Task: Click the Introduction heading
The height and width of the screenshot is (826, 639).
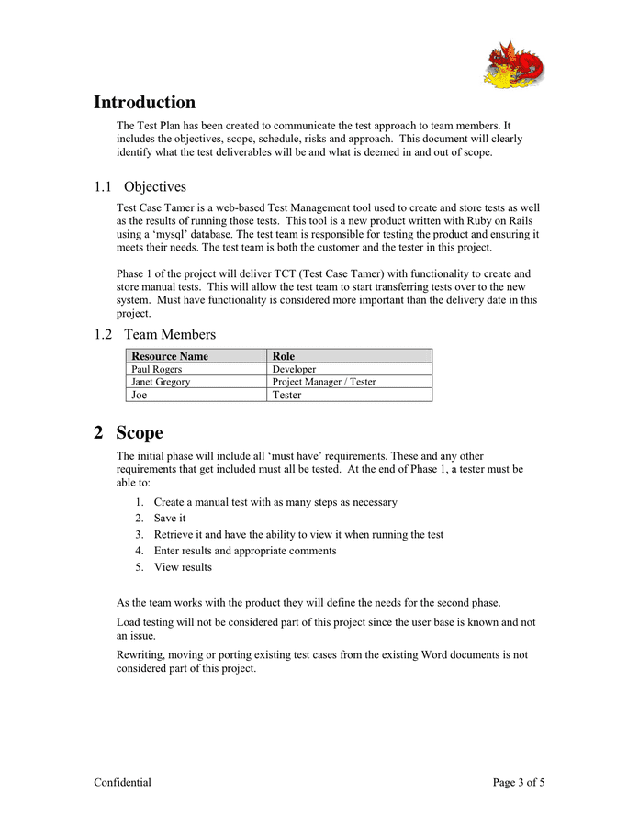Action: [x=144, y=103]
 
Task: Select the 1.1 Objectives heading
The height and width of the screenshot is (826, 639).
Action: [x=140, y=186]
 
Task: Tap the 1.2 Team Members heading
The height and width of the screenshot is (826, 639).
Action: [x=154, y=334]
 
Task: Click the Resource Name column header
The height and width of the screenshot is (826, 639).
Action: [x=170, y=356]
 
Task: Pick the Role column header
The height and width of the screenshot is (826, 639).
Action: [x=284, y=356]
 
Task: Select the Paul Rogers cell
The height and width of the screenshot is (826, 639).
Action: [x=157, y=369]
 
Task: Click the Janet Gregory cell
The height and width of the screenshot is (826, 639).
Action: [x=161, y=382]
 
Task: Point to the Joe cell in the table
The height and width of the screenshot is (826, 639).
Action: [x=140, y=395]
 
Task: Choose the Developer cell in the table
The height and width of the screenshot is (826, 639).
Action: [x=294, y=369]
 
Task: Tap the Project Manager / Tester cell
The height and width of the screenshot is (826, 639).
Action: [x=324, y=382]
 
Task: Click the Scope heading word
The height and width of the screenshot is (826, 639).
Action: [x=139, y=433]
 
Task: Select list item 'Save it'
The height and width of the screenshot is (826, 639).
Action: [x=170, y=519]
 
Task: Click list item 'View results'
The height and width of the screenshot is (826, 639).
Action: [x=183, y=567]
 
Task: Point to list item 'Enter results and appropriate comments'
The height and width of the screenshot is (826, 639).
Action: [x=245, y=551]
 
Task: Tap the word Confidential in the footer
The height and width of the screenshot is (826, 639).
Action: [x=122, y=783]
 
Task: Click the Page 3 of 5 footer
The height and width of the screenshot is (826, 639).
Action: [x=518, y=783]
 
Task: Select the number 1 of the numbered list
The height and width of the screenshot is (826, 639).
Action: [x=139, y=502]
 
